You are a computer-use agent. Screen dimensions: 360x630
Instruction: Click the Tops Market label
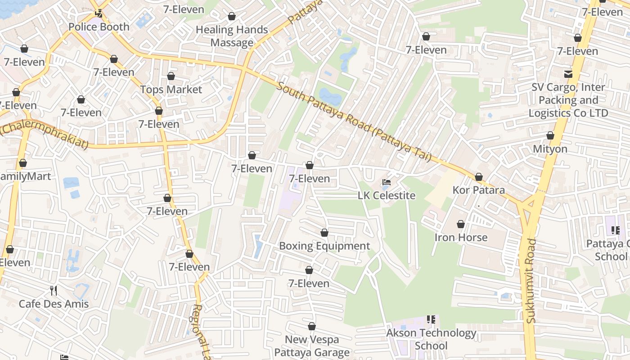pos(171,90)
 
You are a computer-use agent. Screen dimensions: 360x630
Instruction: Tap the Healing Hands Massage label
pos(232,36)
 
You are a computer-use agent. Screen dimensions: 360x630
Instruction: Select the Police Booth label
pos(99,27)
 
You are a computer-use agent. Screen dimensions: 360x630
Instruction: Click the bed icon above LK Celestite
pos(387,183)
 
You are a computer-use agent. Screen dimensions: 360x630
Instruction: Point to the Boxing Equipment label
pos(324,246)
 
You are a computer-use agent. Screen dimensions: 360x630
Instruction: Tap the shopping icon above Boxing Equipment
pos(324,233)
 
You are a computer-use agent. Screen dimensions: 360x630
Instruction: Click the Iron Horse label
pos(461,237)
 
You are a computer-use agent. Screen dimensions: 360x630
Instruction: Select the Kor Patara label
pos(479,190)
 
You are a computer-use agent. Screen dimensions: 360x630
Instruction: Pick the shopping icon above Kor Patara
pos(479,176)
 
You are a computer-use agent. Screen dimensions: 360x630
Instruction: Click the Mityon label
pos(550,148)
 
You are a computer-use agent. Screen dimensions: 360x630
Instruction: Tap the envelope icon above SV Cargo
pos(568,73)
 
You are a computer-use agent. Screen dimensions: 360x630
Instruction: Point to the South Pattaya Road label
pos(353,121)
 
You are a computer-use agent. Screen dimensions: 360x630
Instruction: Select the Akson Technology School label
pos(431,339)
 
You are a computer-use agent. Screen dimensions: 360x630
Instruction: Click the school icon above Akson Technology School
pos(431,319)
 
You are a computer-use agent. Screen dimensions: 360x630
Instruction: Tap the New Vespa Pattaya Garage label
pos(312,346)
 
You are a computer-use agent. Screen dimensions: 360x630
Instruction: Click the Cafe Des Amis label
pos(54,304)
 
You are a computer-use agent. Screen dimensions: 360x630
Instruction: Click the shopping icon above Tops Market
pos(171,76)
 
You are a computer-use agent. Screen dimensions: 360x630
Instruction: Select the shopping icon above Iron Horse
pos(461,224)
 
